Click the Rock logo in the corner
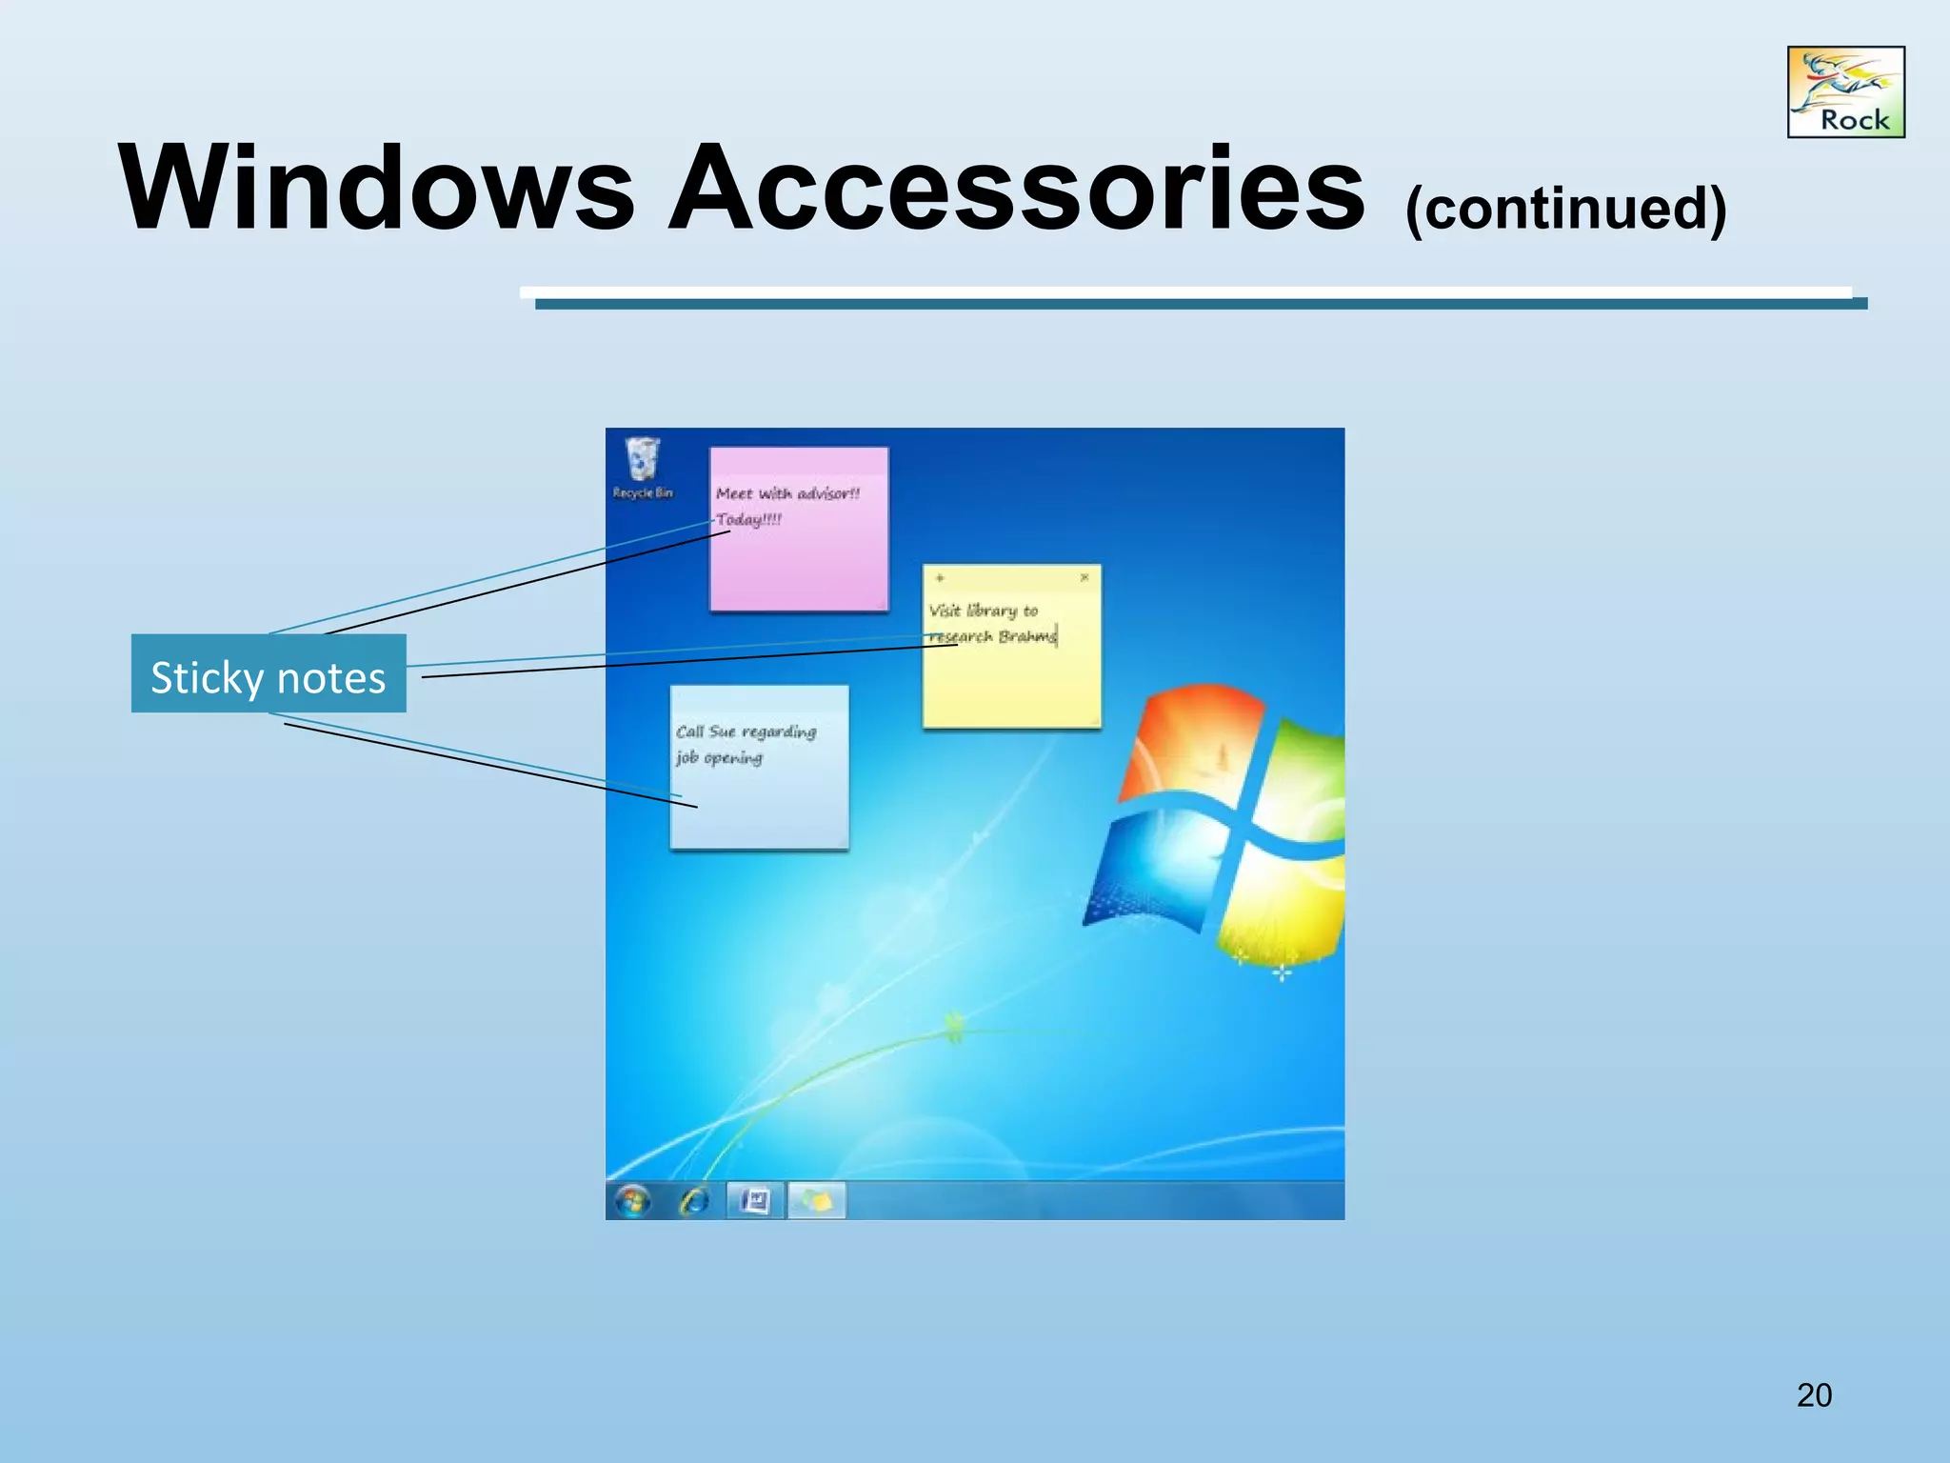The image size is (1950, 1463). pos(1845,92)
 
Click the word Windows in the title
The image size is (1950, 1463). pos(376,188)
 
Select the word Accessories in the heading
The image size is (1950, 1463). pos(1016,188)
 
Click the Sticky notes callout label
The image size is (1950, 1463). pos(269,675)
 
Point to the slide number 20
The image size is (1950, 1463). pos(1814,1395)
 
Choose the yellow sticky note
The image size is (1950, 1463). pos(1011,686)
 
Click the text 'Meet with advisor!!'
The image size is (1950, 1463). pos(787,493)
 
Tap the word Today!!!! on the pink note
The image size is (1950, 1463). pos(749,519)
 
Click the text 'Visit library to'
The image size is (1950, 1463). pos(984,611)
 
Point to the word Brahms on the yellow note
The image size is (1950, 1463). pos(1027,636)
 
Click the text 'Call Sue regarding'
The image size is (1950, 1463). pos(746,731)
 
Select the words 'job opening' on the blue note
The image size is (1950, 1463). pos(720,758)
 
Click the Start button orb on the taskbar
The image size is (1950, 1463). pos(632,1201)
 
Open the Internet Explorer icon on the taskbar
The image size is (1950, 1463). pos(694,1201)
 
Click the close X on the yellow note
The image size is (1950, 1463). pos(1084,577)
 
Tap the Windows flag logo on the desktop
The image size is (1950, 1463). pos(1219,819)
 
